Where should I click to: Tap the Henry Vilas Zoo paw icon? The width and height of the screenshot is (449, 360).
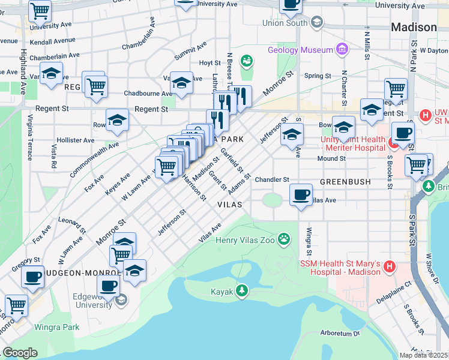click(284, 241)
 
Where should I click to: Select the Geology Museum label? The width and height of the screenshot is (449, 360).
click(300, 50)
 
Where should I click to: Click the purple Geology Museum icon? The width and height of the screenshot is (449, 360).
click(342, 49)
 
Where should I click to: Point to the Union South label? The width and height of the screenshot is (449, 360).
click(285, 23)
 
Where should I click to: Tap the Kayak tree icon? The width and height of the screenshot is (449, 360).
click(241, 290)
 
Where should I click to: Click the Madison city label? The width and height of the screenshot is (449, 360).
click(414, 28)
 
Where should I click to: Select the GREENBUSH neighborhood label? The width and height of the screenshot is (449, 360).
click(345, 181)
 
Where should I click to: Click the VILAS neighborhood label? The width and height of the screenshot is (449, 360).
click(229, 205)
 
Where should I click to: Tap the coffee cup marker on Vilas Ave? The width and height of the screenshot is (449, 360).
click(301, 194)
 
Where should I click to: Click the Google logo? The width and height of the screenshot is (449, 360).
click(20, 353)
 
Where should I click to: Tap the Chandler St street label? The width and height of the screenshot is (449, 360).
click(272, 179)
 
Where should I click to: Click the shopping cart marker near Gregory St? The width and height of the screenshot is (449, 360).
click(16, 305)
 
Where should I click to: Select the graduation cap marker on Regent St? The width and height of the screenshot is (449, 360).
click(117, 121)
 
